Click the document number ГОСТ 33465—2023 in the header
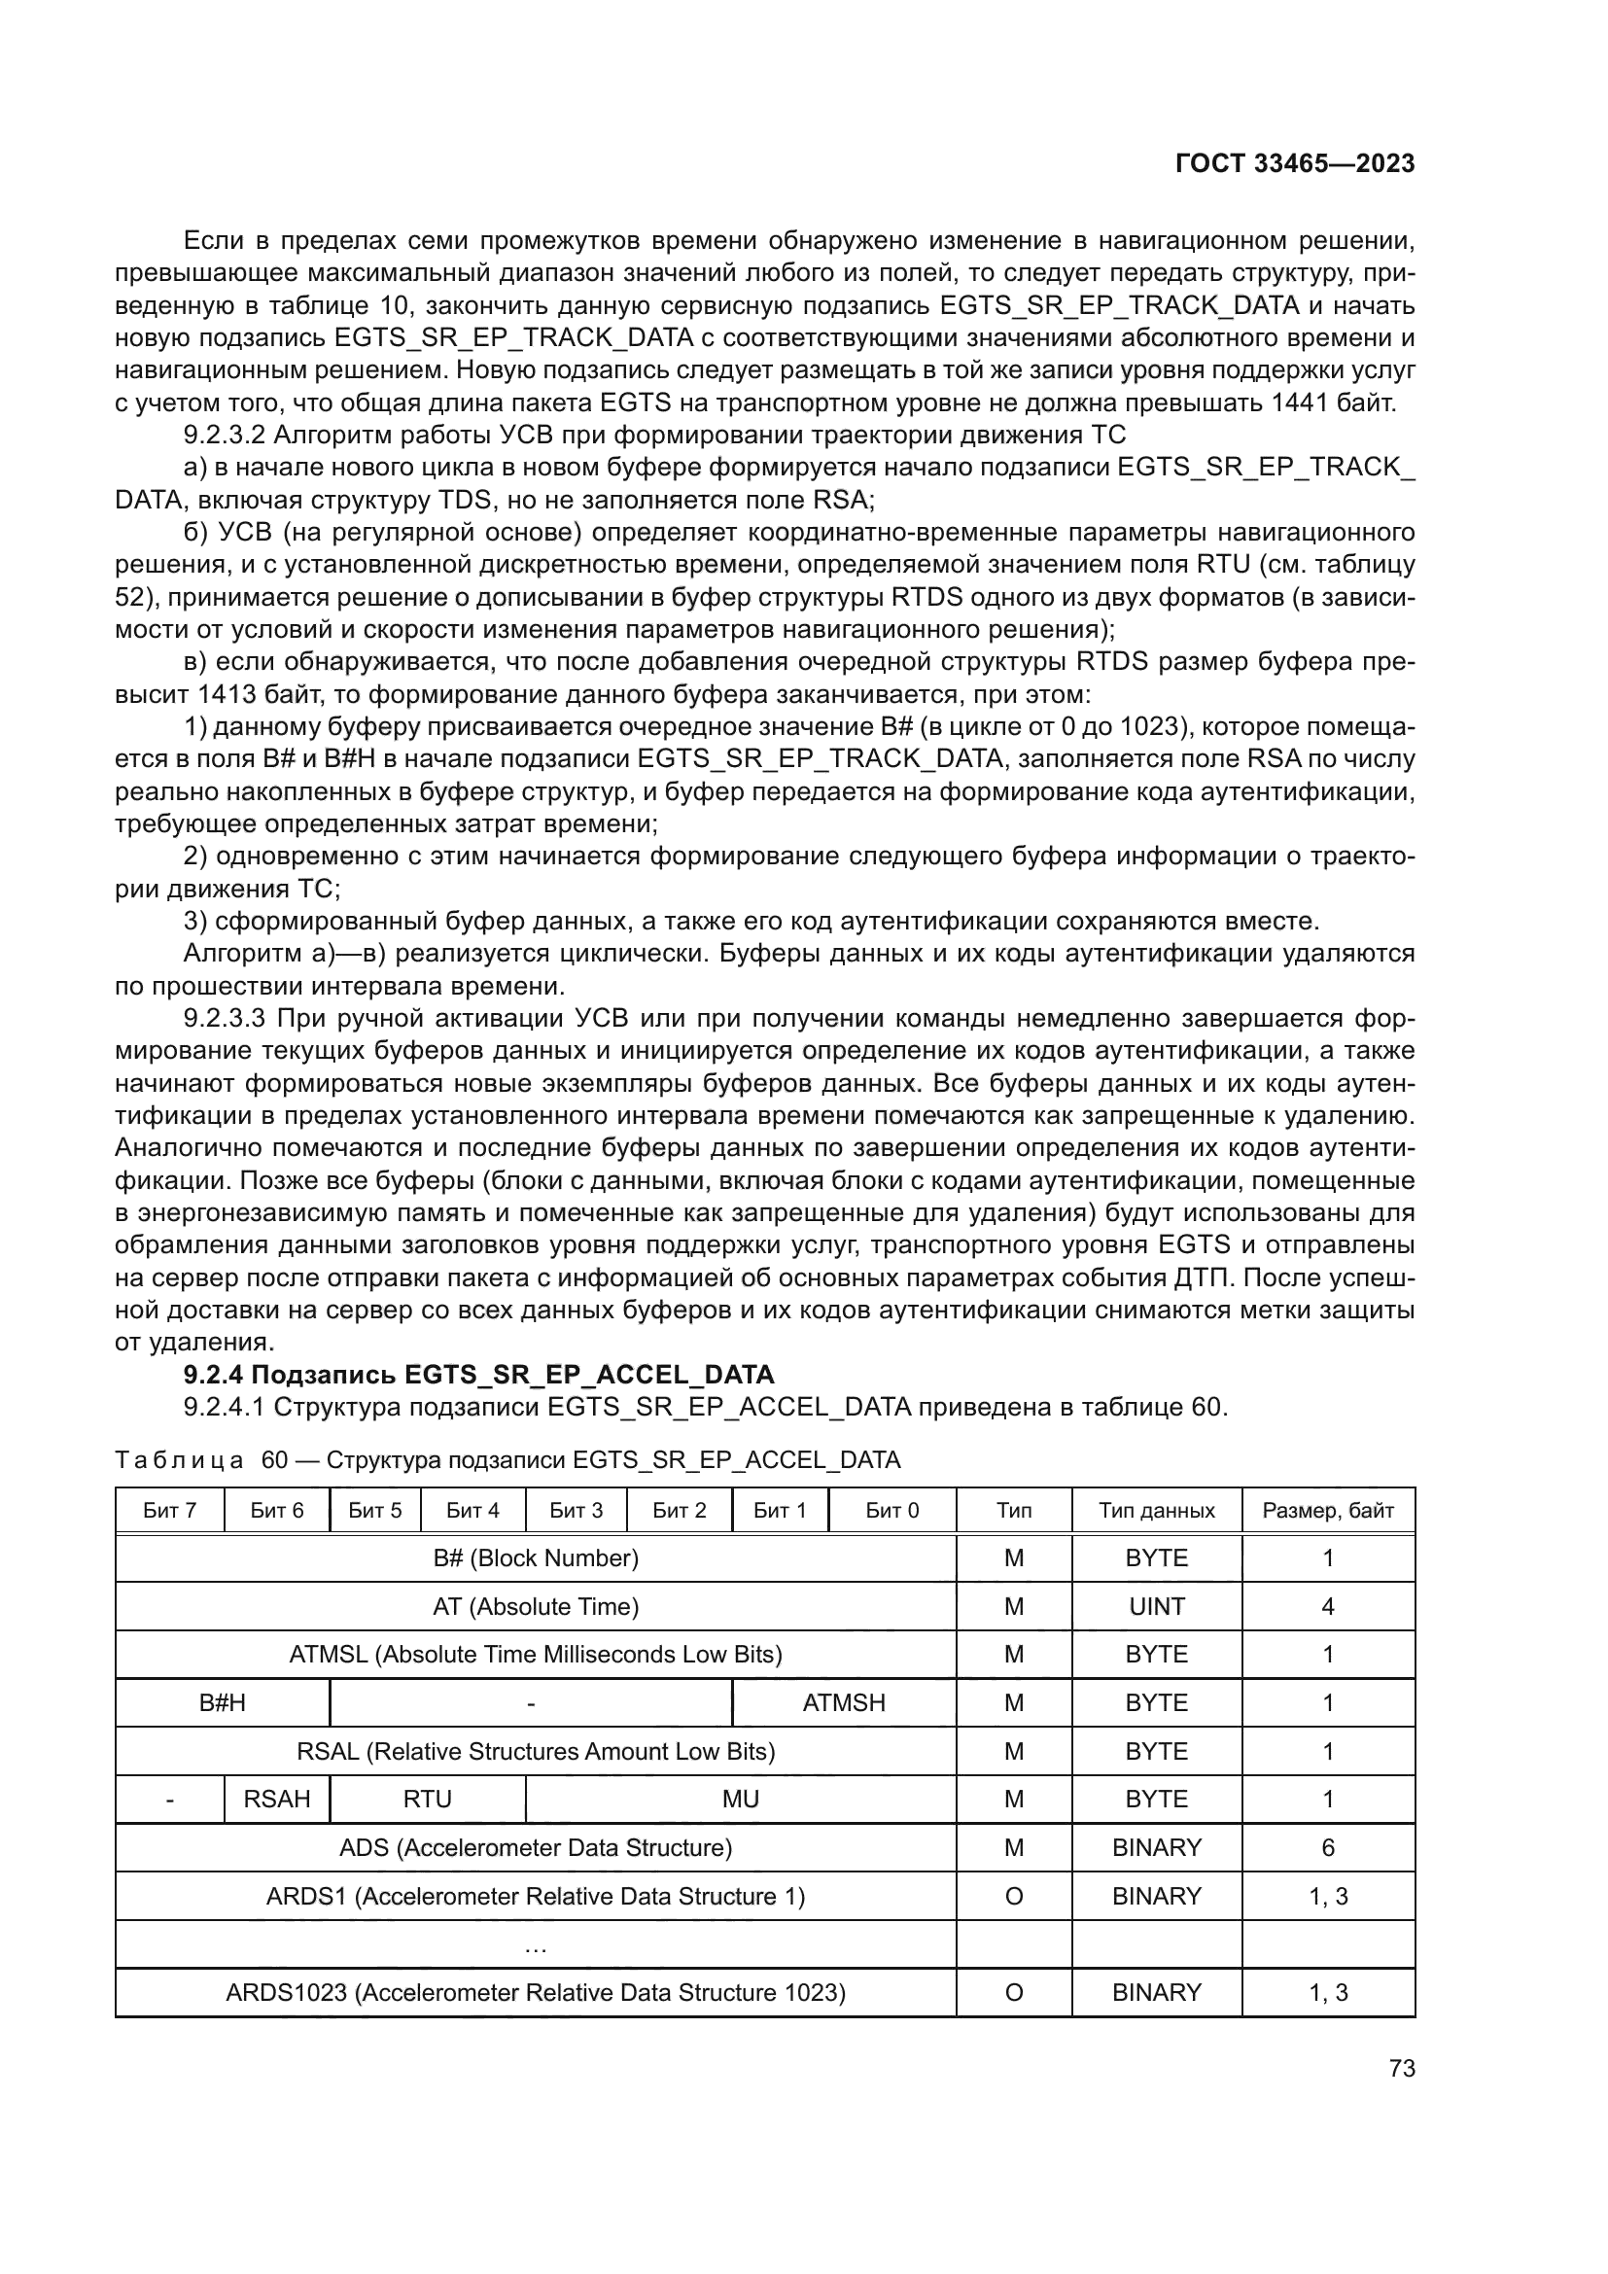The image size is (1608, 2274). tap(1294, 164)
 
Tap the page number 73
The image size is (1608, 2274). tap(1401, 2069)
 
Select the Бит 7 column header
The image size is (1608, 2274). tap(169, 1512)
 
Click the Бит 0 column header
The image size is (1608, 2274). tap(891, 1512)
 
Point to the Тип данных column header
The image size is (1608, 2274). tap(1156, 1512)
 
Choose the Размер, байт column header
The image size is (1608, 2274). tap(1327, 1512)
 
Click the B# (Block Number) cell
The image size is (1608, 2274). tap(536, 1558)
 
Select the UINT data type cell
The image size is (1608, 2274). tap(1156, 1606)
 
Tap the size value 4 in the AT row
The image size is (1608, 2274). tap(1327, 1606)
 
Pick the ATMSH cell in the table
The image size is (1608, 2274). tap(844, 1703)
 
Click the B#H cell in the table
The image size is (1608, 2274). tap(222, 1703)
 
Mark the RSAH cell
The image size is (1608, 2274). tap(276, 1800)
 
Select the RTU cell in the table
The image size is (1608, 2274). tap(427, 1800)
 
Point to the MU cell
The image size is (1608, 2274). tap(740, 1800)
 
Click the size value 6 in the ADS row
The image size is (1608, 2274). tap(1327, 1848)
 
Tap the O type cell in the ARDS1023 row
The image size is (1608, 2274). tap(1013, 1993)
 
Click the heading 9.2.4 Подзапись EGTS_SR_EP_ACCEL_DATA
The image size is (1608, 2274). tap(479, 1375)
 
